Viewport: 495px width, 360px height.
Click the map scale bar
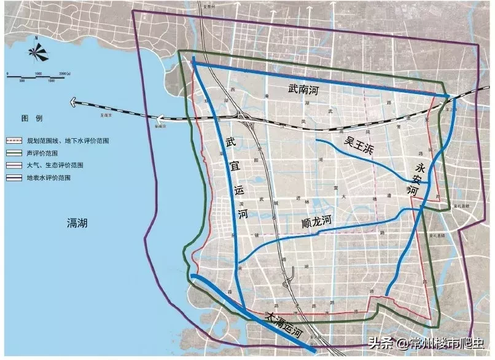pos(37,77)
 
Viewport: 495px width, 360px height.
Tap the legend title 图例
pos(31,117)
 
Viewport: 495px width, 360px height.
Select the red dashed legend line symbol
pos(14,141)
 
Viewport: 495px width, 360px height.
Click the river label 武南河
pos(303,90)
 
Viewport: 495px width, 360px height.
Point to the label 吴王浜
pos(359,146)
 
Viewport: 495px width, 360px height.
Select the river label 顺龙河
pos(316,222)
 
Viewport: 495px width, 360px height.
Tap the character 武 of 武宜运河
pos(230,143)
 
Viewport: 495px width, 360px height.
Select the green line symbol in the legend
pos(14,153)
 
